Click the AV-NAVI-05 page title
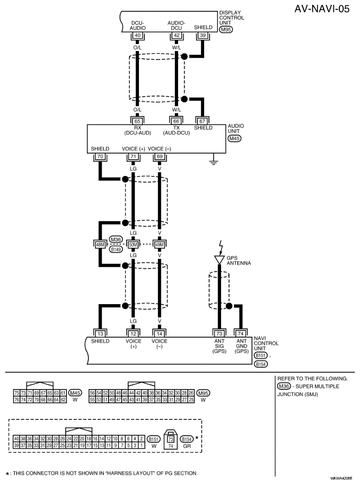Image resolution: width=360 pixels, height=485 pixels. click(321, 9)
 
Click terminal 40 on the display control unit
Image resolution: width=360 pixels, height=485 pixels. click(137, 35)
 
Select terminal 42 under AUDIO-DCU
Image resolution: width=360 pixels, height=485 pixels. click(176, 35)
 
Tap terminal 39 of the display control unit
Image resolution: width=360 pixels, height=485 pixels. click(203, 35)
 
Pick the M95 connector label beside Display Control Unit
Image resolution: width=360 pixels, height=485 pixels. click(226, 30)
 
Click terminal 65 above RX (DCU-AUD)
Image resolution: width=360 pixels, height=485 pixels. click(137, 121)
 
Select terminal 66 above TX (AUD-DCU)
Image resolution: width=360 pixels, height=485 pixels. click(176, 121)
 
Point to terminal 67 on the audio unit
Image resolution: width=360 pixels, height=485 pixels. click(203, 121)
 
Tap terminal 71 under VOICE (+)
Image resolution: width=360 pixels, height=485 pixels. click(133, 156)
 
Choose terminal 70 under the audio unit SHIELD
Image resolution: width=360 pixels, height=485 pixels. click(100, 156)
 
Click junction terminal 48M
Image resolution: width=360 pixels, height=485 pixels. click(100, 244)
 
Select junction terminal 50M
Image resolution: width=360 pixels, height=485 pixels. click(133, 244)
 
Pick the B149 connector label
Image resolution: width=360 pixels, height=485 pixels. click(116, 249)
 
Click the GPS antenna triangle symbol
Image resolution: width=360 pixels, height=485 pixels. click(219, 260)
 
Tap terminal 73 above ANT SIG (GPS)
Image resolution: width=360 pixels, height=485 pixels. click(219, 333)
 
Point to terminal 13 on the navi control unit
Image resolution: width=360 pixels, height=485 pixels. click(100, 333)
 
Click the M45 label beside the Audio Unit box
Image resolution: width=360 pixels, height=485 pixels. click(235, 138)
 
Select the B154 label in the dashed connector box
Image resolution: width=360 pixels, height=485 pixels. click(187, 439)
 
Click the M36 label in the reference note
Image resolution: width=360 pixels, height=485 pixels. click(284, 386)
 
